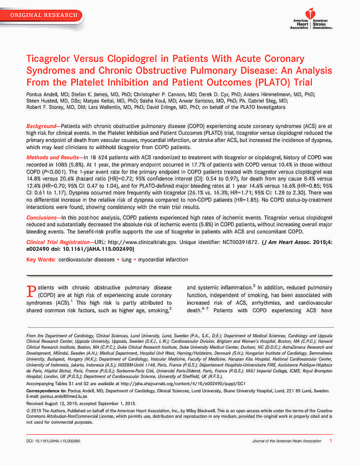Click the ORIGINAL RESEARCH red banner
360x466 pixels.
tap(44, 15)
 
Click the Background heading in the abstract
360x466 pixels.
tap(41, 127)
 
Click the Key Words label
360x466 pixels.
tap(40, 259)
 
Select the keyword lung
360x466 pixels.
tap(126, 259)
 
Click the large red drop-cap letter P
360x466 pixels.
tap(30, 291)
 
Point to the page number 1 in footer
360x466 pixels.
tap(330, 441)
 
